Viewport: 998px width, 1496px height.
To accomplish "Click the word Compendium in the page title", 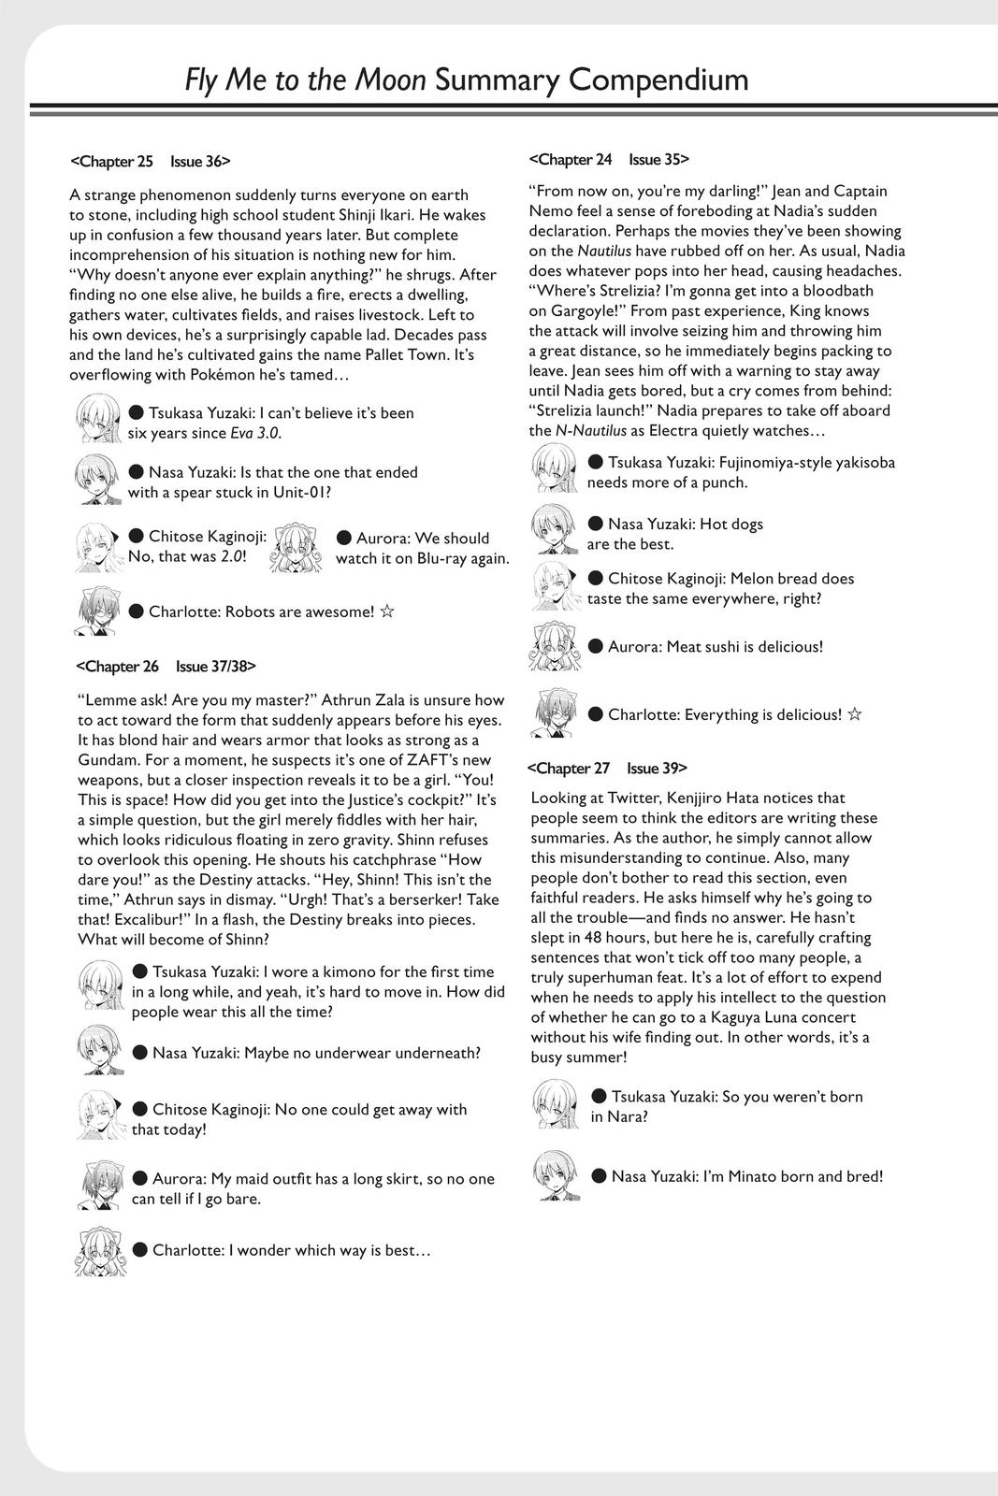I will point(658,80).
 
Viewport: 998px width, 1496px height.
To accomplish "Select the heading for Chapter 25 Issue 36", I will point(150,161).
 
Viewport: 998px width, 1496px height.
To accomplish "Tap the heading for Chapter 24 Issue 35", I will point(609,159).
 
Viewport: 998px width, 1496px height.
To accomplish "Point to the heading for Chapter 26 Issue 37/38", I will point(165,666).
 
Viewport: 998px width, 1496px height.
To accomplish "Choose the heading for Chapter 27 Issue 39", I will point(607,768).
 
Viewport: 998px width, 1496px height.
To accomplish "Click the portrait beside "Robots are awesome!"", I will point(97,611).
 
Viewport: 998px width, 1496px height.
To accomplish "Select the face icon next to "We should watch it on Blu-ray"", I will point(294,548).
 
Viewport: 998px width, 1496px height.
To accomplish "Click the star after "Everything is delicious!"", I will point(854,714).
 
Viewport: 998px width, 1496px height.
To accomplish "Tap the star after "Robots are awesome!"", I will point(387,611).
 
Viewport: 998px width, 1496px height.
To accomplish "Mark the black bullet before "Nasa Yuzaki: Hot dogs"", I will point(596,524).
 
